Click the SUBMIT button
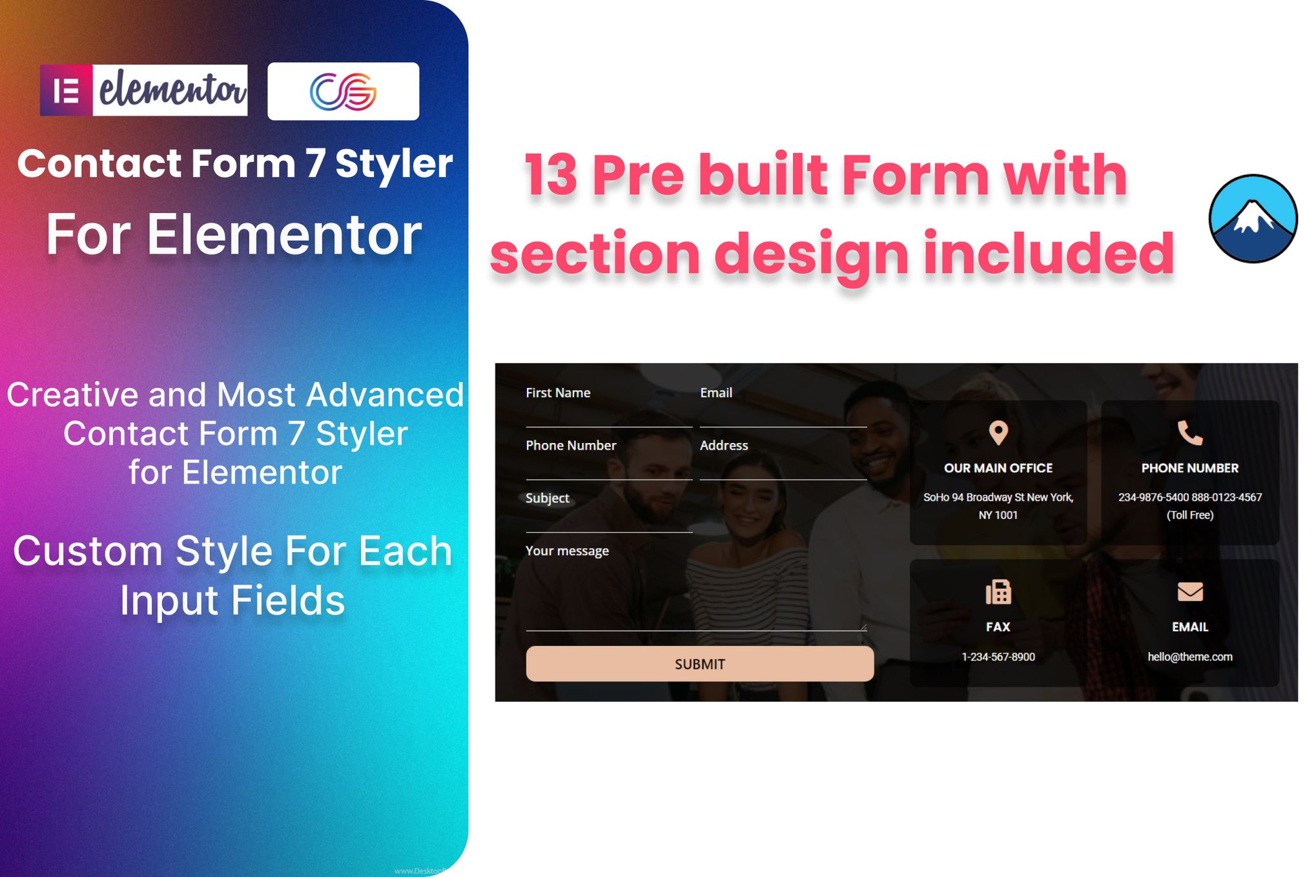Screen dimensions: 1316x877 (700, 663)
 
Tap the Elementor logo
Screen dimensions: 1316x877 (144, 90)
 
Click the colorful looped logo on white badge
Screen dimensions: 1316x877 (343, 91)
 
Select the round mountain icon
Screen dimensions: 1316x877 (1253, 218)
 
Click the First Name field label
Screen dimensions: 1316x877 (558, 393)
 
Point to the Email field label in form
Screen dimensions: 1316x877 (716, 393)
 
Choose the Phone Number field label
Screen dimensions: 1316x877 (571, 445)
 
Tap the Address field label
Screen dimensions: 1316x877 (724, 445)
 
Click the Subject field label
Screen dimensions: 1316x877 (548, 498)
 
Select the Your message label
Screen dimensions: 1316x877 (567, 551)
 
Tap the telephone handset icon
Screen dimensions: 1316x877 (1190, 433)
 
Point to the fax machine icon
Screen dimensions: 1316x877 (998, 592)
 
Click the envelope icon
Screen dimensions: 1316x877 (1190, 592)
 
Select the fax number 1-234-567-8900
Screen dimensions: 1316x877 (998, 657)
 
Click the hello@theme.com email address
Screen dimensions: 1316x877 (1190, 657)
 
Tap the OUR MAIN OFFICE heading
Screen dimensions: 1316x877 (998, 468)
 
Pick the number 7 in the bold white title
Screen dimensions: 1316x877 (315, 163)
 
